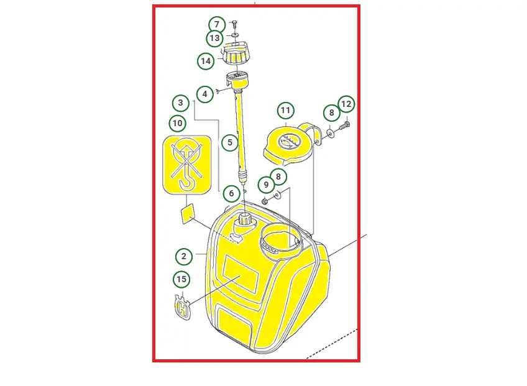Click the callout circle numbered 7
pos(217,24)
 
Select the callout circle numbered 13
pos(214,39)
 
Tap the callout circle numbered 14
pos(206,61)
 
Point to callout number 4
pos(204,94)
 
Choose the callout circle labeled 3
pos(181,103)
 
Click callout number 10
pos(178,124)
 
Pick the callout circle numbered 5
pos(230,142)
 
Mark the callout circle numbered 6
pos(231,193)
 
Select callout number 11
pos(286,111)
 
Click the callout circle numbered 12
pos(346,104)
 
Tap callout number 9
pos(266,185)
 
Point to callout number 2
pos(183,257)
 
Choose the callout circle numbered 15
pos(181,280)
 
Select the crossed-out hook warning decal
pos(187,165)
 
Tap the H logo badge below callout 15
pos(183,306)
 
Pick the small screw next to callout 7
pos(234,24)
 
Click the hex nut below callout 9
pos(265,201)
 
